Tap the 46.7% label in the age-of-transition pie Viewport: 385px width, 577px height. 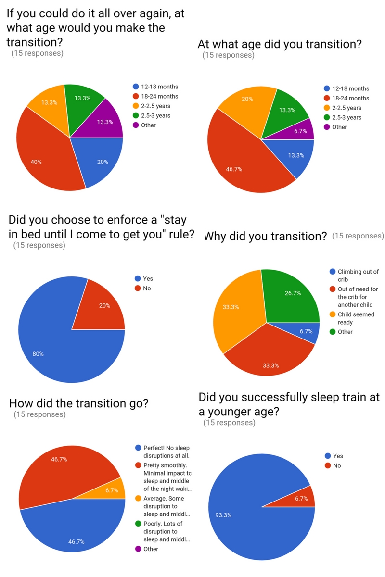(234, 169)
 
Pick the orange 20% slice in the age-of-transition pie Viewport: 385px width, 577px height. (245, 106)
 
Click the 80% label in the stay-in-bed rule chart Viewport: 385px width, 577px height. (38, 354)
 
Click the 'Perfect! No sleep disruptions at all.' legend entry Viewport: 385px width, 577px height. (166, 452)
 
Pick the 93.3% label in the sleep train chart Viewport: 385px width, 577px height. (224, 515)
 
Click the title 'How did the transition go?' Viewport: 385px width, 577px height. (78, 403)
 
